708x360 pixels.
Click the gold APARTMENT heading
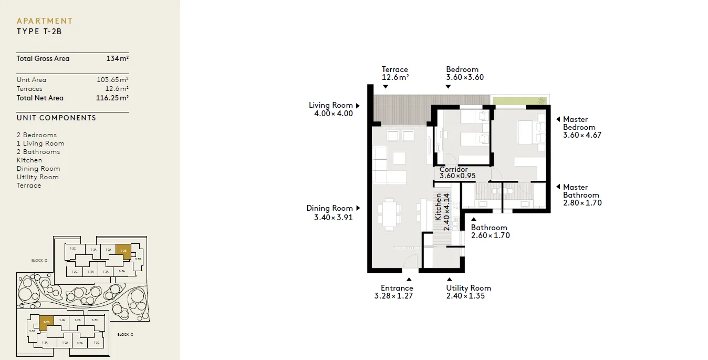pyautogui.click(x=45, y=21)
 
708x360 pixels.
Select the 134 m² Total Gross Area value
pyautogui.click(x=117, y=59)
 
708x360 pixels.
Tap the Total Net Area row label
pyautogui.click(x=40, y=98)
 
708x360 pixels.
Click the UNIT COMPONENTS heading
pyautogui.click(x=56, y=118)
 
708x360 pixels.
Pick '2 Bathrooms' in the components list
pyautogui.click(x=38, y=152)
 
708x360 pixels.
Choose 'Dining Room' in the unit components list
pyautogui.click(x=38, y=169)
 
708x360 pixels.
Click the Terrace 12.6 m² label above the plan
pyautogui.click(x=395, y=73)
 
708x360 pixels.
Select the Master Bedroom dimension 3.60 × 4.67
pyautogui.click(x=582, y=135)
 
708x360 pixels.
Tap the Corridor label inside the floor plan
pyautogui.click(x=453, y=170)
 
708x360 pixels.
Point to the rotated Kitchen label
pyautogui.click(x=438, y=207)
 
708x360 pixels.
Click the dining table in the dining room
pyautogui.click(x=389, y=215)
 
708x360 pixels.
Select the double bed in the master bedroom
pyautogui.click(x=530, y=132)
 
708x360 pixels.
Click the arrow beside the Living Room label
pyautogui.click(x=358, y=106)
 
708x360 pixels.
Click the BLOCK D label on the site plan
pyautogui.click(x=39, y=261)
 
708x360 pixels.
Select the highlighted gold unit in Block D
pyautogui.click(x=122, y=251)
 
